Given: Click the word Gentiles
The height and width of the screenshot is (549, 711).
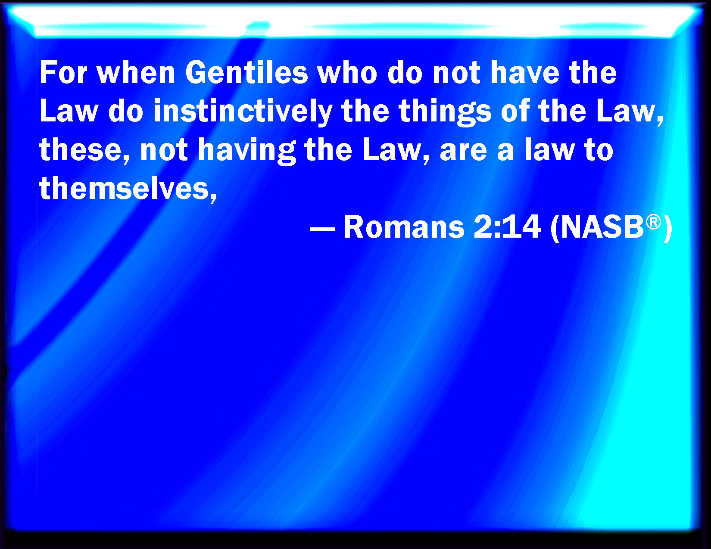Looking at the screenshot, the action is (x=246, y=73).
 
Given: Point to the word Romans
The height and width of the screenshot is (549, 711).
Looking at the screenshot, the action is (x=404, y=226).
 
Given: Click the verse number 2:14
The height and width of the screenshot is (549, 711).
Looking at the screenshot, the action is (x=507, y=226).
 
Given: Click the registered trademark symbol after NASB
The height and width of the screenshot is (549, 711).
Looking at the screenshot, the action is (x=653, y=222).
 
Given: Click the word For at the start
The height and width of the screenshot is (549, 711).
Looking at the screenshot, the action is (x=63, y=73).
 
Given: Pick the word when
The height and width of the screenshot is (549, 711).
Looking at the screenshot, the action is (x=136, y=73).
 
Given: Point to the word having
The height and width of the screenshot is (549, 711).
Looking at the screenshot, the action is (x=247, y=150).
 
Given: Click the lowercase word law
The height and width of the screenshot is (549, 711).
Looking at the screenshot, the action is (x=549, y=150).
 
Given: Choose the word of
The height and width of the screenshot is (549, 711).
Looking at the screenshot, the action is (x=515, y=111).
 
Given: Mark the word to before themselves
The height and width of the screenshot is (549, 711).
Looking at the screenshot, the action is (x=599, y=151).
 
